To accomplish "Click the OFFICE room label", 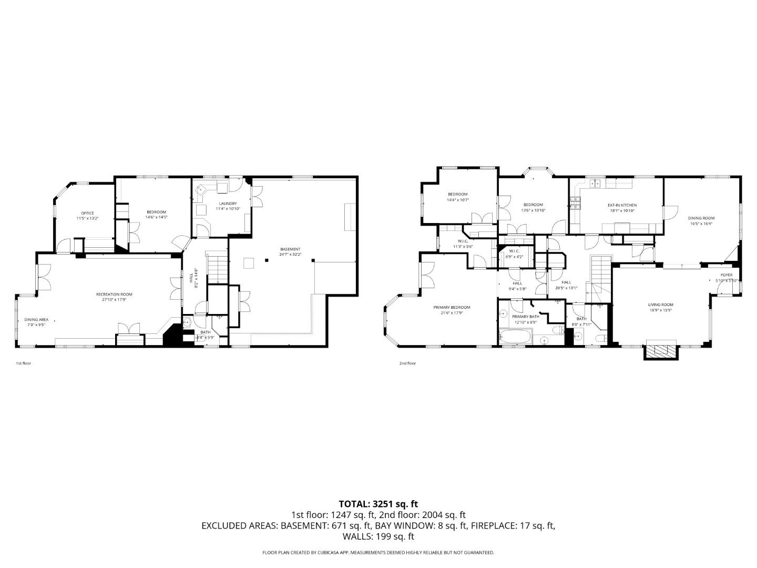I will click(87, 213).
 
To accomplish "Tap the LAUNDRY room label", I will click(228, 204).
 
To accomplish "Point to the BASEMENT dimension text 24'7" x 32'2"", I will click(290, 255).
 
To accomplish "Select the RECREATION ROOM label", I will click(114, 295).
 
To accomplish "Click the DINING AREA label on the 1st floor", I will click(36, 319).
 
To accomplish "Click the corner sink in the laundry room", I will click(200, 192).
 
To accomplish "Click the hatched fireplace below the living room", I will click(660, 350).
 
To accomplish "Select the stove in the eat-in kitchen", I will click(575, 202).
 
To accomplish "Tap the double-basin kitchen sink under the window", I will click(596, 184).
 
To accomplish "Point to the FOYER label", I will click(726, 275).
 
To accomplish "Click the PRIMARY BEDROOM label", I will click(452, 307).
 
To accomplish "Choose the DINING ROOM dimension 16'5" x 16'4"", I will click(701, 224).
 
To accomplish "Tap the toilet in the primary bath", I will click(556, 331).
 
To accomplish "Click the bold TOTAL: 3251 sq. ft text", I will click(378, 504).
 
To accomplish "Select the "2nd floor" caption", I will click(407, 363).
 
